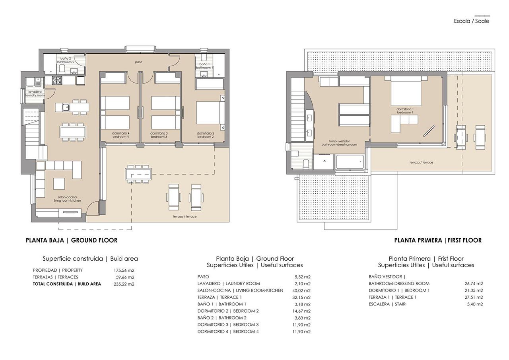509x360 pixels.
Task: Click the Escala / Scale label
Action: [x=471, y=21]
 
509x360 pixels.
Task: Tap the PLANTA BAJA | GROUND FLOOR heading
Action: [x=72, y=240]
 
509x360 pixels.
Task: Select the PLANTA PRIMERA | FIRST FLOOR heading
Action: [x=438, y=240]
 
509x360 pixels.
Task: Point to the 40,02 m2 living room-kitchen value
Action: [x=301, y=290]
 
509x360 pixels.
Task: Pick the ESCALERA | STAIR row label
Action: [x=387, y=304]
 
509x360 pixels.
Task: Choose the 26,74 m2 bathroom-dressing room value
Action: [x=474, y=284]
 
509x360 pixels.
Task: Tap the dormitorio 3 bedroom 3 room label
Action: [x=159, y=135]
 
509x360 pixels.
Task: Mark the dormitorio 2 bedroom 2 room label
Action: [x=206, y=135]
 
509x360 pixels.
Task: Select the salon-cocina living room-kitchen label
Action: [x=67, y=199]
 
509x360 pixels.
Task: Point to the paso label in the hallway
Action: [x=138, y=62]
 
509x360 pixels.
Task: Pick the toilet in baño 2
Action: [x=62, y=70]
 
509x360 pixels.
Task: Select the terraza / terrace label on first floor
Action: [x=422, y=162]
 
